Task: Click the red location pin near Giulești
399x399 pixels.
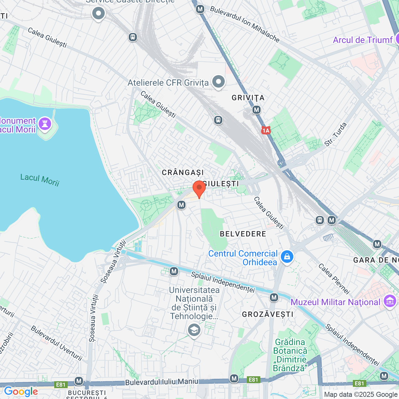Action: tap(199, 188)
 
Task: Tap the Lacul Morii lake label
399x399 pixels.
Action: tap(40, 180)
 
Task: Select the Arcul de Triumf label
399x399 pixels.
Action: tap(363, 40)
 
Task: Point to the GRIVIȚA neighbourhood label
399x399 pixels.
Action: tap(248, 98)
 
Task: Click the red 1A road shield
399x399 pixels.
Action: tap(266, 130)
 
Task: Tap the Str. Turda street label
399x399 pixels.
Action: tap(335, 134)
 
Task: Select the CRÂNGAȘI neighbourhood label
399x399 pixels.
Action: tap(183, 172)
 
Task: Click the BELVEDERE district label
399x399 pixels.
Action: tap(243, 234)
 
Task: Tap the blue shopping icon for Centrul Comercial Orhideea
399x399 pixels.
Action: tap(287, 257)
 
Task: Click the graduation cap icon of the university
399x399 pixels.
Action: tap(194, 330)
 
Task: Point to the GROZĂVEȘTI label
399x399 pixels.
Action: tap(267, 314)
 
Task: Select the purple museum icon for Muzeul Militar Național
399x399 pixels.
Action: tap(390, 301)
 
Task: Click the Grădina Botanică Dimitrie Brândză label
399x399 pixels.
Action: tap(290, 355)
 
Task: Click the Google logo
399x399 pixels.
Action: tap(21, 392)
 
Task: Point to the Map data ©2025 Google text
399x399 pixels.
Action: tap(361, 395)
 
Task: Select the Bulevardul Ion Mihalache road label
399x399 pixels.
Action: tap(245, 24)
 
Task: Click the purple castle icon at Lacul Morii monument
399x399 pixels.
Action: tap(45, 124)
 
